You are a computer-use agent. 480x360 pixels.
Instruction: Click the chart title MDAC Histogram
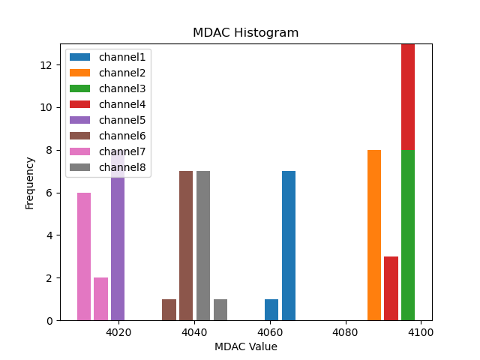click(x=245, y=33)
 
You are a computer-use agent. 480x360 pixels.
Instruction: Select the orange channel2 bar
click(x=374, y=235)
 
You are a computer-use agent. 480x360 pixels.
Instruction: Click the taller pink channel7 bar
click(x=84, y=256)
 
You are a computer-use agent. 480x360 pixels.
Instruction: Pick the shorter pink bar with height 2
click(x=100, y=299)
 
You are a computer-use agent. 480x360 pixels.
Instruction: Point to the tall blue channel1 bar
click(x=289, y=246)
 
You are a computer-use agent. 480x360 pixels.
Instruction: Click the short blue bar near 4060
click(x=271, y=310)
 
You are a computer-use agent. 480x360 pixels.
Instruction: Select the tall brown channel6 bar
click(x=186, y=246)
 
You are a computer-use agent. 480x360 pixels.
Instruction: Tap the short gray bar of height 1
click(x=220, y=310)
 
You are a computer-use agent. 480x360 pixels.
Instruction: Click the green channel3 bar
click(x=408, y=235)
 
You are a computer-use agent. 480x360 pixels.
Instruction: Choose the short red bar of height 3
click(x=391, y=289)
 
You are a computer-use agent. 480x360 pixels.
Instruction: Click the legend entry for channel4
click(x=122, y=104)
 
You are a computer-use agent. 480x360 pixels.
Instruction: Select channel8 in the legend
click(x=122, y=167)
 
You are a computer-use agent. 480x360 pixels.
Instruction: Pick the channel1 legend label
click(x=122, y=57)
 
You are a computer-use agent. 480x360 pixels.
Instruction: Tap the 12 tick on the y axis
click(x=46, y=65)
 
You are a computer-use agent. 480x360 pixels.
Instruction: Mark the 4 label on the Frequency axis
click(x=49, y=235)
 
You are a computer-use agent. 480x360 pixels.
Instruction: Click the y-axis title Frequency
click(x=30, y=182)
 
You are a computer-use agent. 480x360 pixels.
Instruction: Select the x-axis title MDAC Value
click(x=245, y=346)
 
